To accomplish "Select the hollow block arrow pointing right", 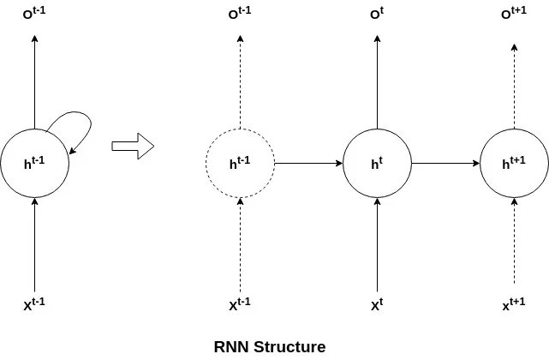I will point(133,145).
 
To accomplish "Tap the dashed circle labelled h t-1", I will point(240,163).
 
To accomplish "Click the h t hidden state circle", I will point(377,163).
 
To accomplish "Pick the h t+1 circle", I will point(514,163).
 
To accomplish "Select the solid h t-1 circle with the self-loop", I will point(34,163).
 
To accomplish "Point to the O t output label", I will point(377,14).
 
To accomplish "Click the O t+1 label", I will point(514,14).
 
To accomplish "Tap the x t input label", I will point(377,304).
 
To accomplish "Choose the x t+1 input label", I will point(514,304).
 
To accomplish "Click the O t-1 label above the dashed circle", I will point(240,14).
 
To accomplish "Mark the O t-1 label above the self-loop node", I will point(34,14).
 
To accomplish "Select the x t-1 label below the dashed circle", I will point(240,304).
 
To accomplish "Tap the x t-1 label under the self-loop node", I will point(34,304).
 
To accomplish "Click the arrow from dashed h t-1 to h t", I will point(308,163).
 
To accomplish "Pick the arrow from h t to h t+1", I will point(445,163).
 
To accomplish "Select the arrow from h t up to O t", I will point(377,81).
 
